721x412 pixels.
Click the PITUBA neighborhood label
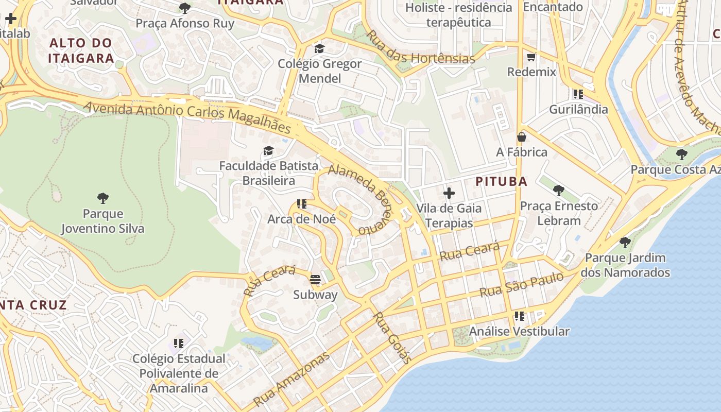[x=501, y=181]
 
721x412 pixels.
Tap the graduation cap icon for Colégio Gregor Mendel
[x=319, y=48]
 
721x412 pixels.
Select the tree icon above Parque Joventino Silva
[x=103, y=198]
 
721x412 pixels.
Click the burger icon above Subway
[x=315, y=280]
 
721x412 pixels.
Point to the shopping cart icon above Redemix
[x=531, y=57]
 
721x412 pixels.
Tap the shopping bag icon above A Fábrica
[x=522, y=137]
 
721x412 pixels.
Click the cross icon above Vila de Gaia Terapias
[x=449, y=193]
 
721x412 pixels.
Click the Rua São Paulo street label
[x=522, y=285]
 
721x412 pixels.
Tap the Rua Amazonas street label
[x=291, y=379]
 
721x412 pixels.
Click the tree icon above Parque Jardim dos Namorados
[x=625, y=242]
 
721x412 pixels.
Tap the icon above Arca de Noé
[x=302, y=204]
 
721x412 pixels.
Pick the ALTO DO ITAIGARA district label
[x=81, y=50]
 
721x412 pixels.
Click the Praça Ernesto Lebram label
[x=559, y=213]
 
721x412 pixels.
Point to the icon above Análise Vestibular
[x=519, y=316]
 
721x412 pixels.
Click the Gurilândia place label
[x=578, y=109]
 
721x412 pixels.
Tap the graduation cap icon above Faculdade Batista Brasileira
[x=268, y=151]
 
